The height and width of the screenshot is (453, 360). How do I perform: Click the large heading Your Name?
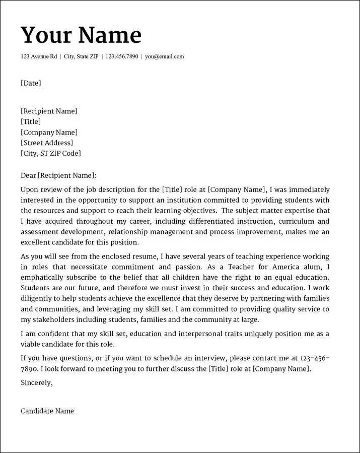click(81, 35)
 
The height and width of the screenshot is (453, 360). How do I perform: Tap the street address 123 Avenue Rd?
click(39, 56)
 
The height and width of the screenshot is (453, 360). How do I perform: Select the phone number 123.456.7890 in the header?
click(122, 56)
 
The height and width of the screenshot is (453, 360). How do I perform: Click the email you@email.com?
click(165, 56)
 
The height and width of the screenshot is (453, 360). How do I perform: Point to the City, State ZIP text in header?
click(81, 56)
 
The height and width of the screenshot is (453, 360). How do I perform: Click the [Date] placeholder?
click(31, 83)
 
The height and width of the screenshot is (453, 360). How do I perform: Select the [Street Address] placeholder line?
click(47, 143)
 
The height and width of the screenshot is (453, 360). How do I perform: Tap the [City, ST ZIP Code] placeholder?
click(50, 154)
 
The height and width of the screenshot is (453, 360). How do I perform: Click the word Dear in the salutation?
click(28, 175)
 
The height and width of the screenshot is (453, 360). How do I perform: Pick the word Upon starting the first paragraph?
click(30, 190)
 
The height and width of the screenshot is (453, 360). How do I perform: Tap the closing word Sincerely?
click(36, 382)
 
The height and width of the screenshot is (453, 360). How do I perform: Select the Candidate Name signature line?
click(47, 411)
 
